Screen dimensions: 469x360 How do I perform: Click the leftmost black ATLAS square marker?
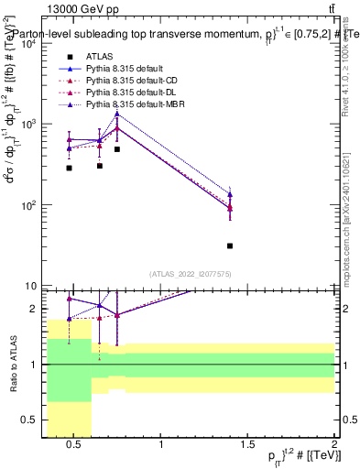[x=69, y=168]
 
